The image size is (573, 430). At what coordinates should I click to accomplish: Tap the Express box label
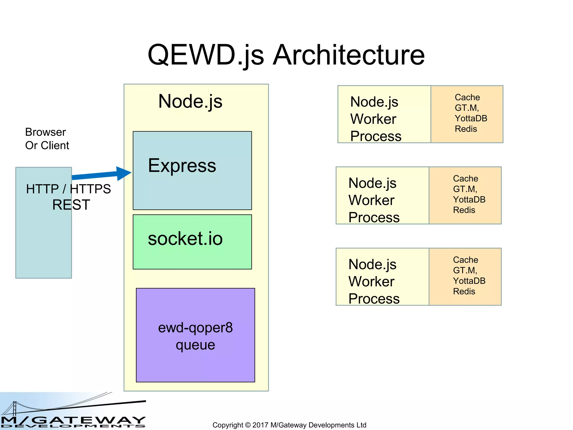tap(182, 165)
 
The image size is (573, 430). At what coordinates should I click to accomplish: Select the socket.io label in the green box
tap(185, 239)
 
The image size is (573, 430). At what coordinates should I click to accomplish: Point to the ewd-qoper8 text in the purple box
tap(195, 328)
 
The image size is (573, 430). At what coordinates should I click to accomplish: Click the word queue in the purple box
tap(195, 345)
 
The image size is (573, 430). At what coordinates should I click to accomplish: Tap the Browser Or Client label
tap(47, 139)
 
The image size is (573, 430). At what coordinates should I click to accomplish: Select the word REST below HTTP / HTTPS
tap(71, 205)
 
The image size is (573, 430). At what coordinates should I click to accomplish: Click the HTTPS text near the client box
tap(90, 189)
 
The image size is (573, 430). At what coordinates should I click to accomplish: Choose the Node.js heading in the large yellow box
tap(190, 101)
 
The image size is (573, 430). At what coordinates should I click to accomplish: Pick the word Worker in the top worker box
tap(373, 119)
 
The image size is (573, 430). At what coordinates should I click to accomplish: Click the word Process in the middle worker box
tap(374, 218)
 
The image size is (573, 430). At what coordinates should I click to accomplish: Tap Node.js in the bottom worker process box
tap(372, 264)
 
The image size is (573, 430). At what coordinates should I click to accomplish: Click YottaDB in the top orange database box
tap(471, 118)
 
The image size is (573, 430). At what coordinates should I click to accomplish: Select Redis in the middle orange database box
tap(464, 210)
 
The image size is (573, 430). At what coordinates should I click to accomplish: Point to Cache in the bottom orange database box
tap(466, 260)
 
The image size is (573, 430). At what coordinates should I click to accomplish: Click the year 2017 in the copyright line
tap(260, 425)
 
